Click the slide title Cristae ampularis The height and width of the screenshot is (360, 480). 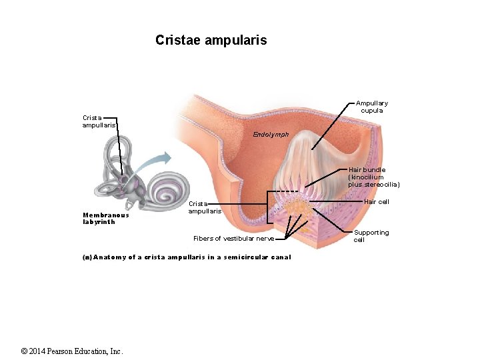click(211, 40)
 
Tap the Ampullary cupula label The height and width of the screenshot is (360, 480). click(371, 107)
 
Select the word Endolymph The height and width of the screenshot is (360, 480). click(271, 135)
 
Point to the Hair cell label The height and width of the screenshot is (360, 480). click(377, 202)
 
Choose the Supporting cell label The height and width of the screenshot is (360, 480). click(371, 236)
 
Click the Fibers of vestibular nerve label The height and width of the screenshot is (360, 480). click(233, 239)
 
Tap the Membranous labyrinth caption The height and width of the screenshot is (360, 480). click(105, 219)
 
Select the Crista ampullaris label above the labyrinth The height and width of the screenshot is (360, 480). click(99, 121)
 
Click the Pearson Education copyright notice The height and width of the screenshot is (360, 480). click(72, 351)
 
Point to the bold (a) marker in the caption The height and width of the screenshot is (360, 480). click(87, 257)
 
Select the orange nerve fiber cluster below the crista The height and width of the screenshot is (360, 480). click(298, 212)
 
